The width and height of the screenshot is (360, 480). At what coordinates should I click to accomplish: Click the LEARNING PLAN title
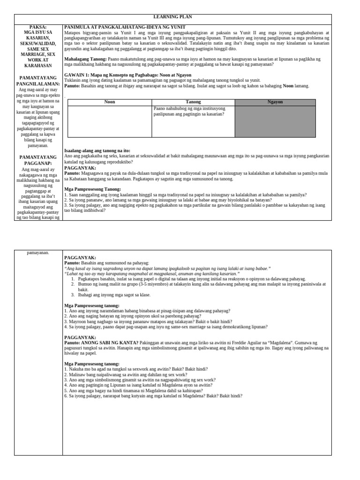point(173,17)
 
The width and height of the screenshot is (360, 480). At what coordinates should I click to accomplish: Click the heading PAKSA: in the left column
point(38,27)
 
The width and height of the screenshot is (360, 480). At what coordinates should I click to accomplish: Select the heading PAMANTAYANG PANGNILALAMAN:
point(38,81)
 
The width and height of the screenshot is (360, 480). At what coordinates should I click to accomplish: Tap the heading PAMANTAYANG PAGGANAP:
point(38,160)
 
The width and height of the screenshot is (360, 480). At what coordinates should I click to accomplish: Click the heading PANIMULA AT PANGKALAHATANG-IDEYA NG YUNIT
point(125,27)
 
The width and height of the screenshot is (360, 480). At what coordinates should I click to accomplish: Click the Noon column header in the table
point(109,102)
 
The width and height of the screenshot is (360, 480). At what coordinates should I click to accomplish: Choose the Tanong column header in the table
point(193,102)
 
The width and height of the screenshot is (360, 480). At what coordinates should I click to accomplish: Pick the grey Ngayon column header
point(275,102)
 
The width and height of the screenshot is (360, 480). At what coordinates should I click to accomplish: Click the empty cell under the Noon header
point(109,121)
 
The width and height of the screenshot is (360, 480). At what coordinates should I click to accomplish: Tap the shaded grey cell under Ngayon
point(275,121)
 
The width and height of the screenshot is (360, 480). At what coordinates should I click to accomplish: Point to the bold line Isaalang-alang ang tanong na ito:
point(97,150)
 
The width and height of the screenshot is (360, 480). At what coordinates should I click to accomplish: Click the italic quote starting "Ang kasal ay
point(167,269)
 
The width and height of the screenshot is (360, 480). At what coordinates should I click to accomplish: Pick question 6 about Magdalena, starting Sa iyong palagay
point(153,396)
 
